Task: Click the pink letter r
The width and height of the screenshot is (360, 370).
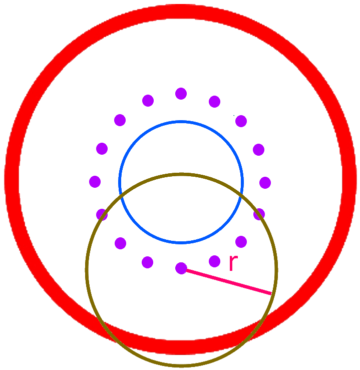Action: (232, 263)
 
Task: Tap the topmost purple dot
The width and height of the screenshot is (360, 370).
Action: (181, 94)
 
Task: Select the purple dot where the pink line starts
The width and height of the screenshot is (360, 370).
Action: (181, 268)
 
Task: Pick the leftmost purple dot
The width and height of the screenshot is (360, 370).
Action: (95, 181)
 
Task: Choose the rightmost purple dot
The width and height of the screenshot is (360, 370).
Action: (265, 183)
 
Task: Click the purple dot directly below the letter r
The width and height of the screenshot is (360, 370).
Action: (214, 261)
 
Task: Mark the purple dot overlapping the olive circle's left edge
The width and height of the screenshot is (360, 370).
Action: (102, 215)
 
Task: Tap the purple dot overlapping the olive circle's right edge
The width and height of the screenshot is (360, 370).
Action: (259, 214)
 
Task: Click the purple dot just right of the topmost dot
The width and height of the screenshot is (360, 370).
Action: (214, 102)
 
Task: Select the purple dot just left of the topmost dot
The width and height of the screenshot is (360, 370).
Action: (148, 101)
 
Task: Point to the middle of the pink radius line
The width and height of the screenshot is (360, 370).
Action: (227, 281)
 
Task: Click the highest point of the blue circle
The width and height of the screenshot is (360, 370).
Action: (181, 121)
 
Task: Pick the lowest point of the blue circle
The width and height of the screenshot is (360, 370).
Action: (181, 243)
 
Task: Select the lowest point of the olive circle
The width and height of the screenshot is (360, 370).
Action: (181, 365)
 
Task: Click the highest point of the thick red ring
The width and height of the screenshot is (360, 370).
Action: (181, 12)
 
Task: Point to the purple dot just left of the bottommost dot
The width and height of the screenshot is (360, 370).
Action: (148, 262)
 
